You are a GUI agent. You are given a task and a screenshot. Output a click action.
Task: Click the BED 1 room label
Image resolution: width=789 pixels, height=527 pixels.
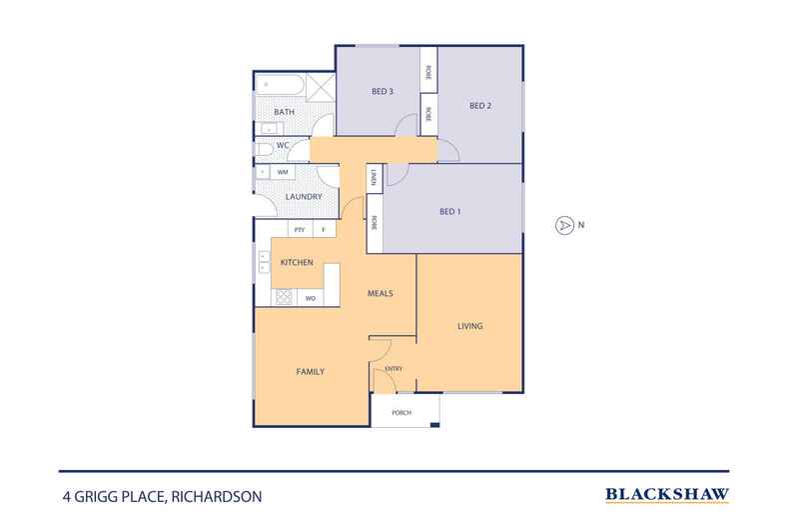pos(450,212)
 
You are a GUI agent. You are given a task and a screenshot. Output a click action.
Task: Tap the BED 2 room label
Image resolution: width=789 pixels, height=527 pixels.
pos(480,106)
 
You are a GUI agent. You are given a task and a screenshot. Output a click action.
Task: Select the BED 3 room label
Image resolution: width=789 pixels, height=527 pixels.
pos(383,92)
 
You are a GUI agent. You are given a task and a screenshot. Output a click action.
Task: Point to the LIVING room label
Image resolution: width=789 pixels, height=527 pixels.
pos(470,326)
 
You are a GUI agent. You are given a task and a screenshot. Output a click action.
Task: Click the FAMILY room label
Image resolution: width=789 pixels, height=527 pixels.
pos(311,371)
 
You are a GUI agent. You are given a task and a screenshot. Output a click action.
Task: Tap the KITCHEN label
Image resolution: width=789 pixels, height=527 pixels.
pos(297,262)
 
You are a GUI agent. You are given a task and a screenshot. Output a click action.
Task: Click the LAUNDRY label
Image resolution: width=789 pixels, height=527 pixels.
pos(303,197)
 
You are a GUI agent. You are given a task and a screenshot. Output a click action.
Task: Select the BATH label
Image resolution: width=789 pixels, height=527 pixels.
pos(284,112)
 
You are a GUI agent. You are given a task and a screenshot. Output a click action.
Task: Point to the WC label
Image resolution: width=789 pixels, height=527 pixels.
pos(282,147)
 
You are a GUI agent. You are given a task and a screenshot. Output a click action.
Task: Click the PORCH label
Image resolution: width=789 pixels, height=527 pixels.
pos(401,412)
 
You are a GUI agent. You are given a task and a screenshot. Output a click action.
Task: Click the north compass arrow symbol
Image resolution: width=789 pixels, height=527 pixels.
pos(564,225)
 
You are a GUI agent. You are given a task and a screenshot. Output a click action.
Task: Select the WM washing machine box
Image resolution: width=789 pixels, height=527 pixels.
pos(283,172)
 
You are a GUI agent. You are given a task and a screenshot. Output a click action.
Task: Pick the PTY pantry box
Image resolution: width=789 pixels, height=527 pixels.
pos(299,230)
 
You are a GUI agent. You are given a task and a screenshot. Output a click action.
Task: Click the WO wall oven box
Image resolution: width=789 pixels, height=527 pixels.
pos(310,298)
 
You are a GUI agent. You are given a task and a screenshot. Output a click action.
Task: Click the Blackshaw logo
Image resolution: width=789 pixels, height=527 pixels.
pos(667,494)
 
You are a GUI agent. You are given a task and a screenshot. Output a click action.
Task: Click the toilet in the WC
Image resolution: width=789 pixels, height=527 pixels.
pos(262,149)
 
